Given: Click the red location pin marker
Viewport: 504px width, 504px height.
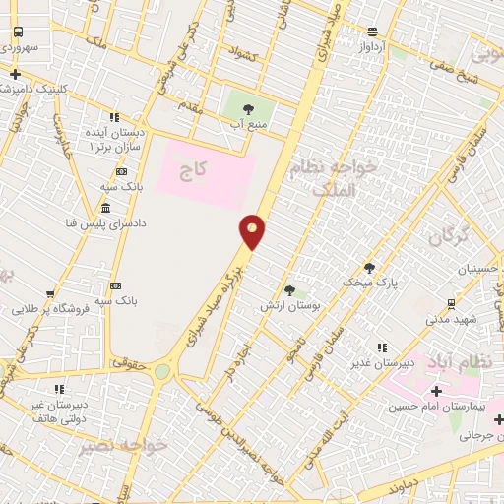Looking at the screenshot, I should pos(253,230).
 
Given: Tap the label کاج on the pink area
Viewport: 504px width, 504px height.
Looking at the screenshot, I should pos(194,170).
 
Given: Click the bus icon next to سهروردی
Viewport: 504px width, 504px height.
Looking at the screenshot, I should pos(18,31).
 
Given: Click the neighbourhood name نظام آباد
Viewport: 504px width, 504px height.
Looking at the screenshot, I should pos(472,363).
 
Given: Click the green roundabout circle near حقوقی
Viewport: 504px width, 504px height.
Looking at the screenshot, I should pos(161,372).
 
